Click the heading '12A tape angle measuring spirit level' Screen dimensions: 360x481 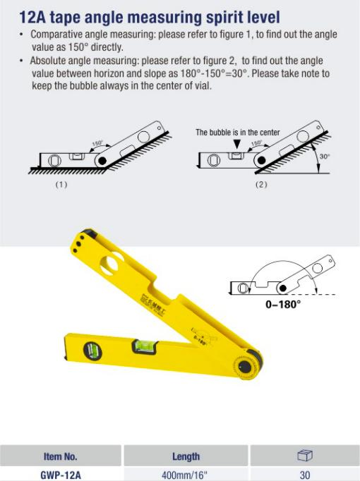tap(150, 17)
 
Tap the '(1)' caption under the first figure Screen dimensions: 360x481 tap(61, 184)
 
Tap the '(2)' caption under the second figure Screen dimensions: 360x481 tap(261, 184)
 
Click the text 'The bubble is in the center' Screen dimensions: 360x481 tap(238, 133)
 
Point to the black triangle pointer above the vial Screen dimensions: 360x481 tap(237, 144)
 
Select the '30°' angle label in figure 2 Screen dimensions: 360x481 tap(325, 157)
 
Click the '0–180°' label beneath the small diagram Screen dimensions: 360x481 tap(283, 304)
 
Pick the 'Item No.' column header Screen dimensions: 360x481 tap(61, 456)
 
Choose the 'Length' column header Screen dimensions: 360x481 tap(186, 456)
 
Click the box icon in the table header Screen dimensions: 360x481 tap(305, 455)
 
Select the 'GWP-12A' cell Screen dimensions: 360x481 tap(61, 475)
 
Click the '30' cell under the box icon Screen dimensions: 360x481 tap(305, 475)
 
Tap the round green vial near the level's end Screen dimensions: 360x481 tap(92, 351)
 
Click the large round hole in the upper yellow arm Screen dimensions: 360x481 tap(112, 263)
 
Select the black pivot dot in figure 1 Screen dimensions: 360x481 tap(102, 160)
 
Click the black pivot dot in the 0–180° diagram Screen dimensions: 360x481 tap(282, 288)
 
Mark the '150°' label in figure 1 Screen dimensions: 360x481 tap(97, 143)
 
